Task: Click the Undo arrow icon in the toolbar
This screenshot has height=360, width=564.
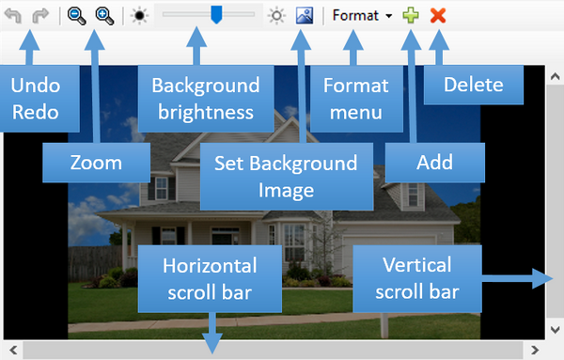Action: (x=14, y=16)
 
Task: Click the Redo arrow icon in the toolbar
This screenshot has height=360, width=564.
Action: (x=39, y=16)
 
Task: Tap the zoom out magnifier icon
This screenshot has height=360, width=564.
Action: (x=76, y=16)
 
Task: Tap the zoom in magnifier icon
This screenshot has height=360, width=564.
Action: (x=103, y=16)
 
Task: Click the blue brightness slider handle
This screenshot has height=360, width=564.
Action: (x=215, y=15)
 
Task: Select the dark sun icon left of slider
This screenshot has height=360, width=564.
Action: (x=139, y=16)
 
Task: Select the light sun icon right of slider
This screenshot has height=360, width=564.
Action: (x=276, y=16)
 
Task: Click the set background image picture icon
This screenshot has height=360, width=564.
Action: (x=304, y=16)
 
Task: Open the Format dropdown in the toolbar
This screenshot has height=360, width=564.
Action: (x=362, y=16)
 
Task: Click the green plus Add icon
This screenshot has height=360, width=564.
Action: (x=411, y=16)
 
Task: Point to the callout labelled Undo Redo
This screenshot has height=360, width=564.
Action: (x=35, y=99)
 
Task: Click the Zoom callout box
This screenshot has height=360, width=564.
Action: (x=97, y=162)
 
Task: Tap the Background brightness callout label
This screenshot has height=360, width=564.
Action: (x=198, y=99)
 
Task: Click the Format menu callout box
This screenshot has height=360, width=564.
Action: (x=355, y=99)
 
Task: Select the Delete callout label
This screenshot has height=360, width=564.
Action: (x=474, y=85)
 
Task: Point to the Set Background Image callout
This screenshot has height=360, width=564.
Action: (x=285, y=175)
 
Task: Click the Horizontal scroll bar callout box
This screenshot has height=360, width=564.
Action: (x=210, y=278)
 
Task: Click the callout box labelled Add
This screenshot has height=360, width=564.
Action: (x=434, y=162)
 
